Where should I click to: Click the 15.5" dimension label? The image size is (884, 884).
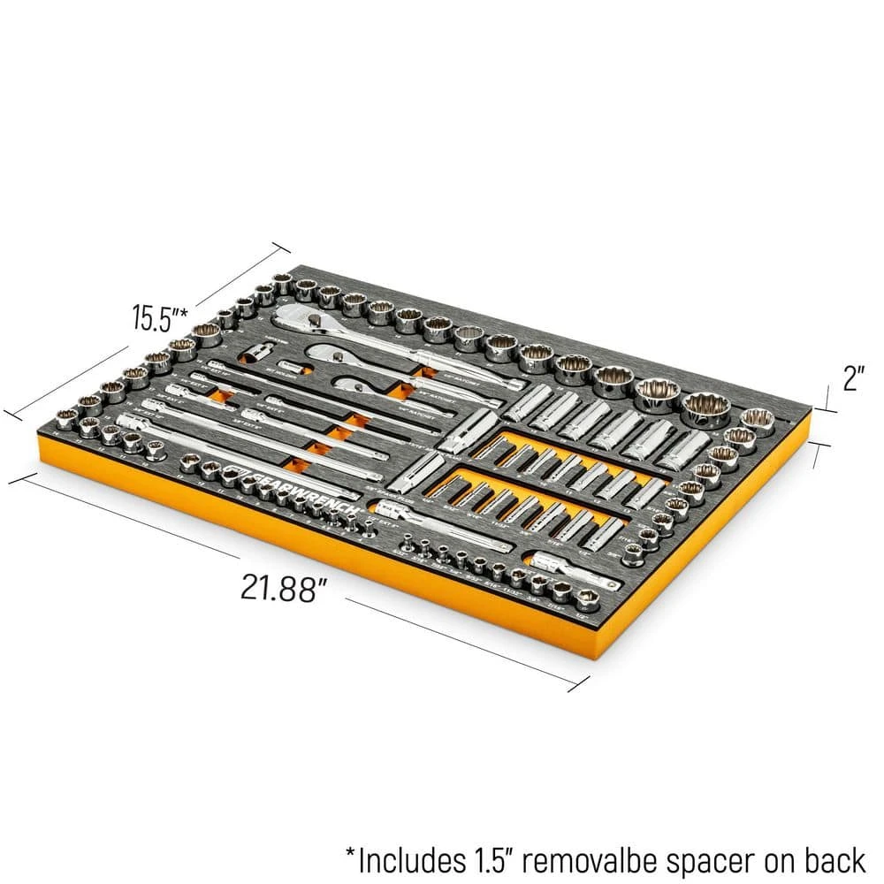(x=158, y=316)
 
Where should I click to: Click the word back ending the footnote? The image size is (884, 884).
(x=837, y=857)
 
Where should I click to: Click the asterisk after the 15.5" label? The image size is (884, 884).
(x=187, y=309)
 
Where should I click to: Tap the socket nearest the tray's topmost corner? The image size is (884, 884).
(x=282, y=283)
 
